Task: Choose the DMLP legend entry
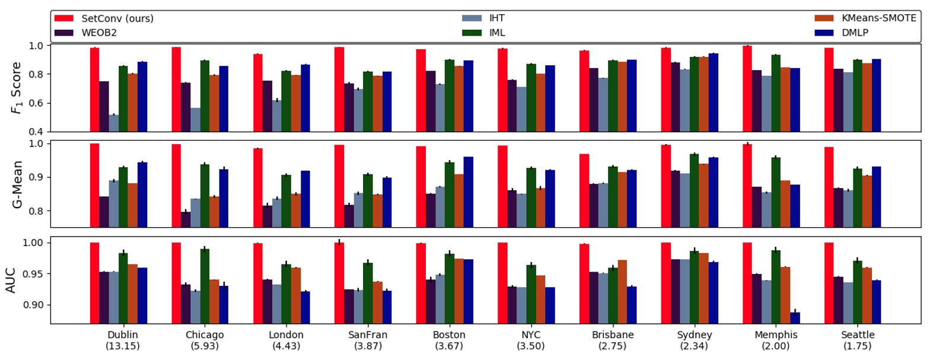855,33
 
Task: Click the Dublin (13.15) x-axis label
123,340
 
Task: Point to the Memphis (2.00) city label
776,340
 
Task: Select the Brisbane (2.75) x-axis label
612,340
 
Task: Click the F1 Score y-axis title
16,88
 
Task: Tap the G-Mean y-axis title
17,184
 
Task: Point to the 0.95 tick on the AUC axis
33,274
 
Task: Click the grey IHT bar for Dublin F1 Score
113,123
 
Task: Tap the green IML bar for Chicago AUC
205,286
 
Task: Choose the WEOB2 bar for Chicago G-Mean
186,219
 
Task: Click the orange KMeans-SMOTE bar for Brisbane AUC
622,291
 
